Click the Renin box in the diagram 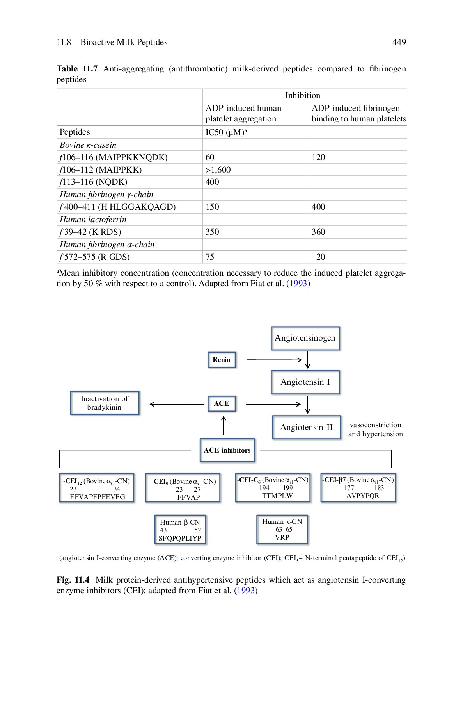(222, 360)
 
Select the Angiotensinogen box (305, 338)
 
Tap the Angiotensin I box (305, 382)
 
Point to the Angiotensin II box (306, 427)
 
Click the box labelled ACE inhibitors (227, 450)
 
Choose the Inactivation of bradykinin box (105, 403)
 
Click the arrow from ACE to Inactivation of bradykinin (176, 404)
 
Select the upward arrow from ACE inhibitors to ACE (224, 425)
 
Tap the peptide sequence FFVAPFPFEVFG (98, 497)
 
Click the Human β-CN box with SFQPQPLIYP (180, 530)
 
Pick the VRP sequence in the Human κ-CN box (282, 537)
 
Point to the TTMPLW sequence (277, 496)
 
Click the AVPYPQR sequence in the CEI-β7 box (362, 496)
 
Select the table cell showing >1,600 (218, 170)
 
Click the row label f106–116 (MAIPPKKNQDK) (114, 157)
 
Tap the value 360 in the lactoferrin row (318, 232)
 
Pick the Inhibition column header (302, 95)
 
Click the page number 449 (399, 42)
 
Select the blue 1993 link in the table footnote (298, 284)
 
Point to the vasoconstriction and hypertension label (375, 429)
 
